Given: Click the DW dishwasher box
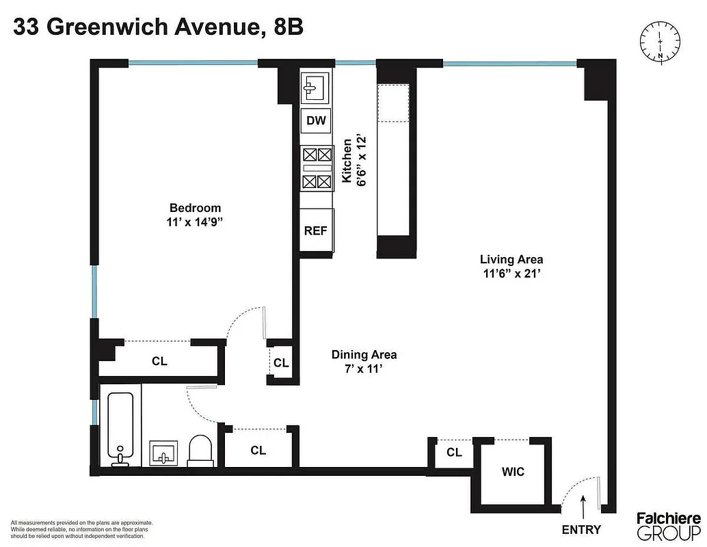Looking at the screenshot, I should click(x=316, y=122).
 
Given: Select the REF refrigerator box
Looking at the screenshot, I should click(x=315, y=230).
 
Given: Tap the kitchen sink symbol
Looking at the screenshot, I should click(x=315, y=88).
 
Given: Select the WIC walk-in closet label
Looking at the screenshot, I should click(x=513, y=472).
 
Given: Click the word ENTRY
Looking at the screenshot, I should click(x=581, y=529).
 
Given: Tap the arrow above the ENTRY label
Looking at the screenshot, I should click(x=583, y=507).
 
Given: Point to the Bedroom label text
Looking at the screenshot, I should click(x=196, y=208).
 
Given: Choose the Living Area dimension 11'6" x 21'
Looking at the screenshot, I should click(x=511, y=273).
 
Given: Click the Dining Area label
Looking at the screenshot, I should click(x=364, y=354).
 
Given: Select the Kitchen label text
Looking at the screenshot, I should click(x=347, y=161).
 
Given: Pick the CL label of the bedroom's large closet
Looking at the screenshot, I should click(x=159, y=361).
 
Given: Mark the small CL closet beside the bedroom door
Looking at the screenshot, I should click(x=281, y=362).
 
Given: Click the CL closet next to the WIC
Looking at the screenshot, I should click(x=454, y=452).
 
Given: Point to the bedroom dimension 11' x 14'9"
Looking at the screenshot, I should click(x=196, y=222).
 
